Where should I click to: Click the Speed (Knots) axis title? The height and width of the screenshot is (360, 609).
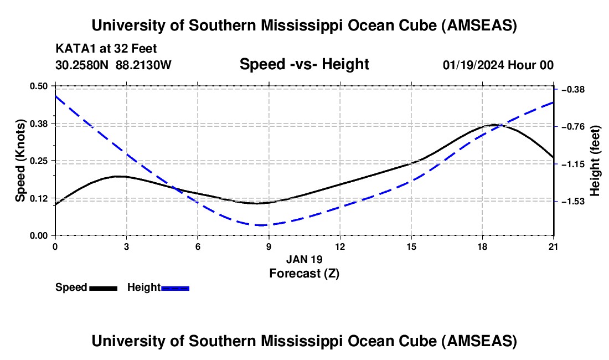coord(20,161)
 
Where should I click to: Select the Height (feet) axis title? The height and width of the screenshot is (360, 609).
coord(595,161)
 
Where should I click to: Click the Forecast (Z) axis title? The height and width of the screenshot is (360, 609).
coord(304,273)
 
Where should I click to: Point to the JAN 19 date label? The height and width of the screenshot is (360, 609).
coord(304,259)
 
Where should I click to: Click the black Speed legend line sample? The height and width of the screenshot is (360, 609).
coord(103,288)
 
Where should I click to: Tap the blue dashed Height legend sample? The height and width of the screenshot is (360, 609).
coord(175,288)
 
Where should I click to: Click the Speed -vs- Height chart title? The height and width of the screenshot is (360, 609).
coord(304,64)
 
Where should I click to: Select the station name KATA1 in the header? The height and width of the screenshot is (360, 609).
coord(71,48)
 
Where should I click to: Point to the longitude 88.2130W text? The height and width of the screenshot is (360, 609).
coord(143,65)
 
